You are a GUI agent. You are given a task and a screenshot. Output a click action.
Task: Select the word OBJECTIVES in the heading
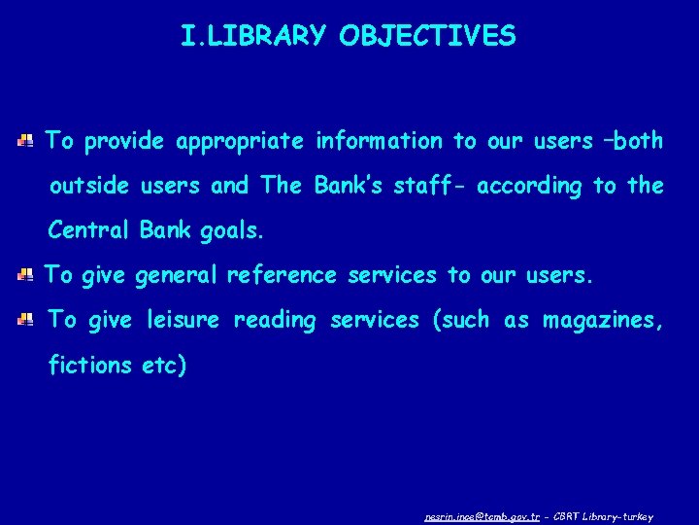tap(428, 37)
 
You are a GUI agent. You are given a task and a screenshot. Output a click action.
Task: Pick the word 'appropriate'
tap(241, 142)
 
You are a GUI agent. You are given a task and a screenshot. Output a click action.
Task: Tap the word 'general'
tap(177, 276)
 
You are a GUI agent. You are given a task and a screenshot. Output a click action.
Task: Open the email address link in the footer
tap(481, 516)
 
